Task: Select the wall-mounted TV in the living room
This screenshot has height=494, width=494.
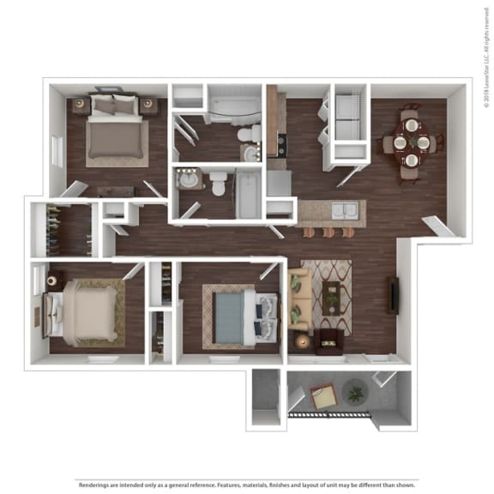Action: (x=393, y=294)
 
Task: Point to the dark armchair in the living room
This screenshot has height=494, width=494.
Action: (x=327, y=341)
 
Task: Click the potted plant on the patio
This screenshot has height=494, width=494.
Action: (x=354, y=395)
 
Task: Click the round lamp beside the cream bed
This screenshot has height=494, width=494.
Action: (x=51, y=280)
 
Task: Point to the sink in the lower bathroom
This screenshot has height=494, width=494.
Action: (x=188, y=182)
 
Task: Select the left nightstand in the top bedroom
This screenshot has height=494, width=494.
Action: (x=80, y=105)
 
